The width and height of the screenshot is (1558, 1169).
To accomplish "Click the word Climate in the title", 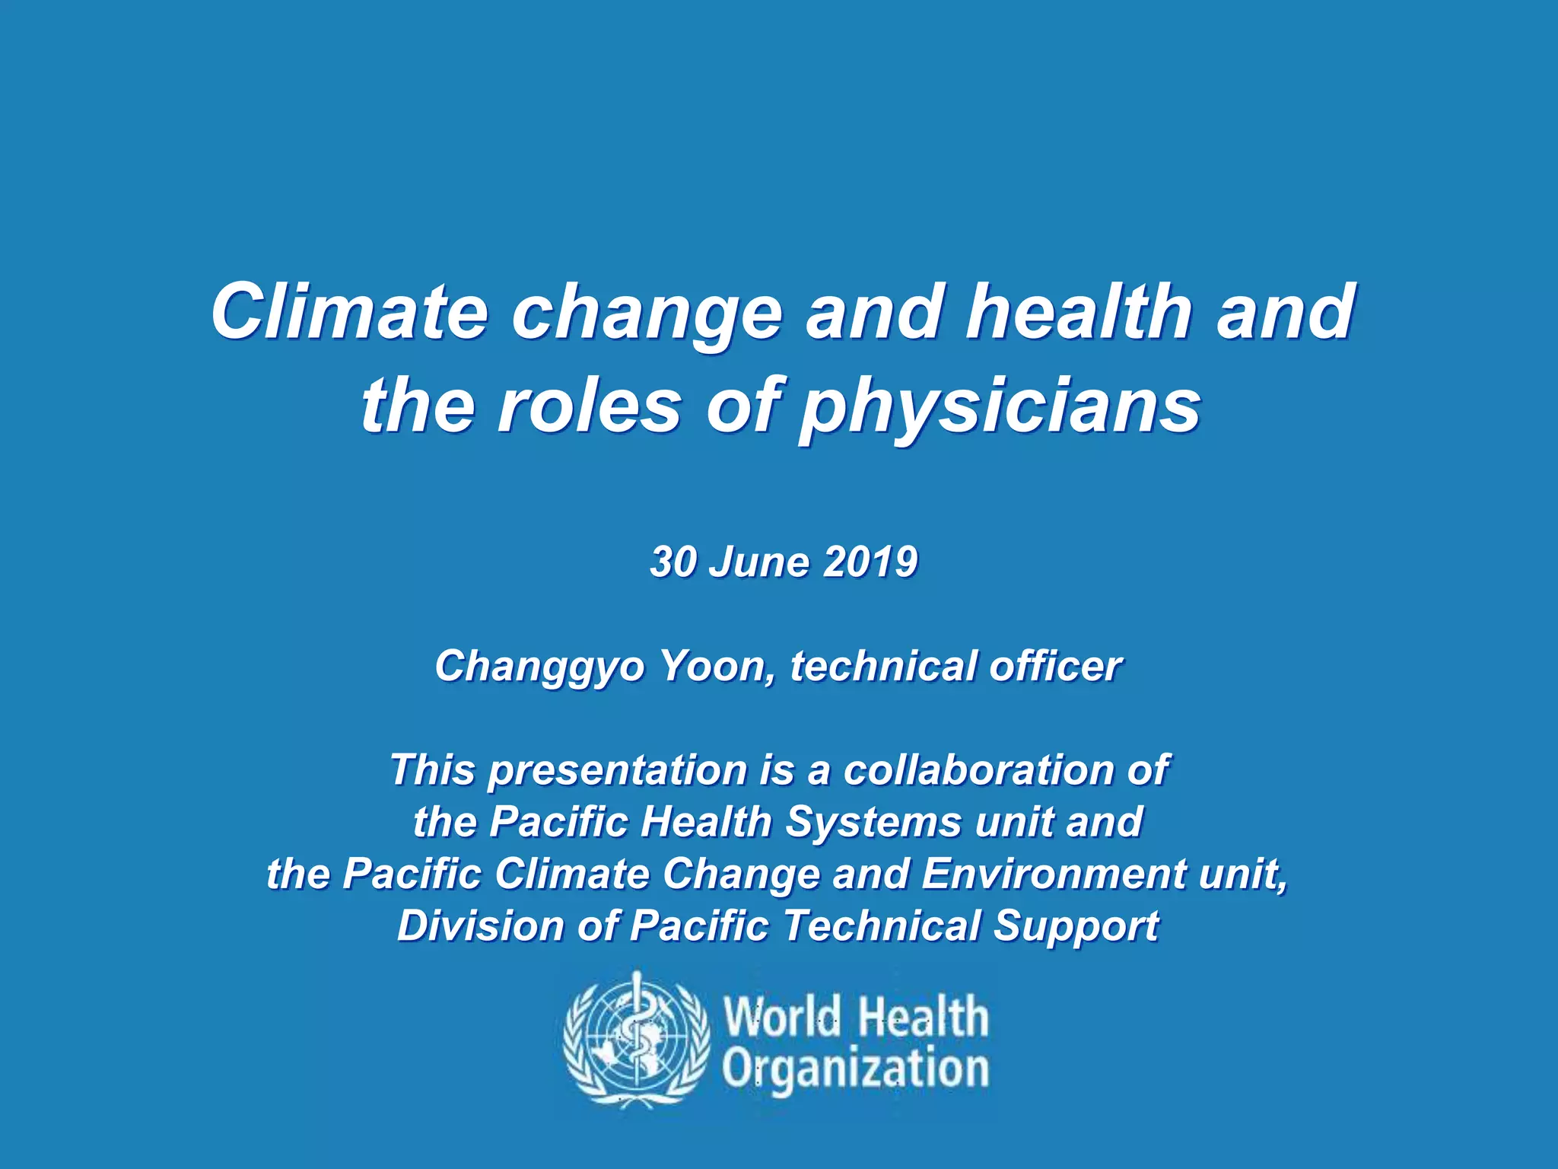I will tap(349, 312).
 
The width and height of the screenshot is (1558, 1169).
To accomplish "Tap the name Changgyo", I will tap(539, 667).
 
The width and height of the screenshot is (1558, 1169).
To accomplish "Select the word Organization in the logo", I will tap(855, 1069).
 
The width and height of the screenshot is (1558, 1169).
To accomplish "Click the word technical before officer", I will tap(883, 666).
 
